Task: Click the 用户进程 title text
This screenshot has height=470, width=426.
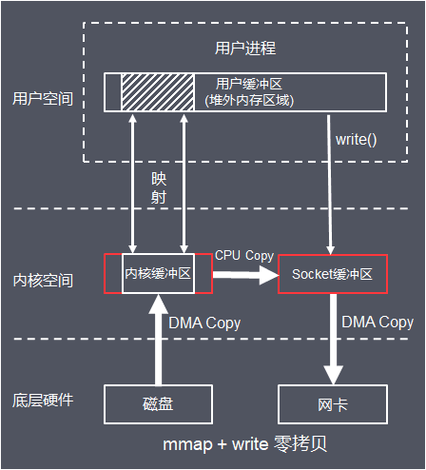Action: pyautogui.click(x=245, y=47)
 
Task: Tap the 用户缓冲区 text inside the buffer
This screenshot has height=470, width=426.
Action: pyautogui.click(x=249, y=84)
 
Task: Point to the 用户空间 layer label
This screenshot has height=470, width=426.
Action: pyautogui.click(x=43, y=98)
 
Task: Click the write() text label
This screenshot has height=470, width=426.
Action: pyautogui.click(x=357, y=140)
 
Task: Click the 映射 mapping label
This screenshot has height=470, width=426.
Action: pyautogui.click(x=159, y=187)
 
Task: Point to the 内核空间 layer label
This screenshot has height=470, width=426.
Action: pyautogui.click(x=43, y=281)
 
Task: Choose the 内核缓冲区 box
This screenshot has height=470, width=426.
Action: pyautogui.click(x=158, y=274)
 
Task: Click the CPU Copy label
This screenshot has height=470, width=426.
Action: pyautogui.click(x=244, y=255)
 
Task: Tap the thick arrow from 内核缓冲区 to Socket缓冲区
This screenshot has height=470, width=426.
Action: pyautogui.click(x=243, y=276)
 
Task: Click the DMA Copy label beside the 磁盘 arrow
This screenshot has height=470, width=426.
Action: pyautogui.click(x=204, y=323)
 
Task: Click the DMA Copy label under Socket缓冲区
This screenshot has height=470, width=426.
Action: pyautogui.click(x=378, y=323)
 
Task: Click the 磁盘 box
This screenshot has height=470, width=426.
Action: pyautogui.click(x=158, y=404)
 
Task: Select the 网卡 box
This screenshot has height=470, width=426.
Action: pyautogui.click(x=331, y=404)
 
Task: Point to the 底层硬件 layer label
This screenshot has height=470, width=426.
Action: pyautogui.click(x=43, y=400)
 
